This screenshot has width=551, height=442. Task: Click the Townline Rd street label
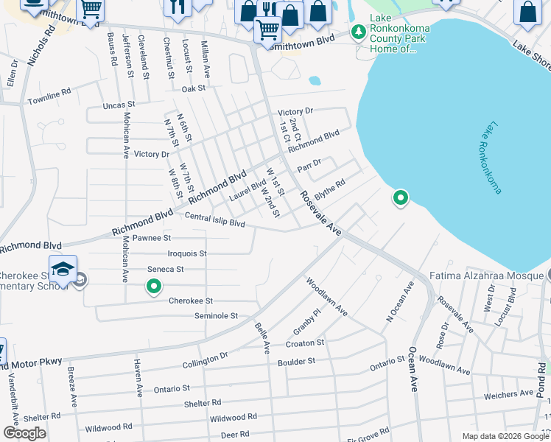[x=49, y=94]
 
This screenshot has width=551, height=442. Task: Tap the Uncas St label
[x=119, y=105]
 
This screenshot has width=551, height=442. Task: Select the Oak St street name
[x=193, y=88]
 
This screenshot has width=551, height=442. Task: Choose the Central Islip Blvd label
[x=214, y=219]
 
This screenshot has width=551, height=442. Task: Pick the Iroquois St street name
[x=187, y=253]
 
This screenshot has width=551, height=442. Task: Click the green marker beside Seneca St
[x=154, y=286]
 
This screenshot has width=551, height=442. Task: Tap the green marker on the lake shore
[x=401, y=197]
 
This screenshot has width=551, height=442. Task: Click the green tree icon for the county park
[x=359, y=32]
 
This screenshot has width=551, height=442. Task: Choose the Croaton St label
[x=305, y=343]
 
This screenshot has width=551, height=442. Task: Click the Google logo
[x=24, y=433]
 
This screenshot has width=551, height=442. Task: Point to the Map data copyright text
[x=504, y=436]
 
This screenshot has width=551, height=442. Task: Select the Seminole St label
[x=216, y=315]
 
